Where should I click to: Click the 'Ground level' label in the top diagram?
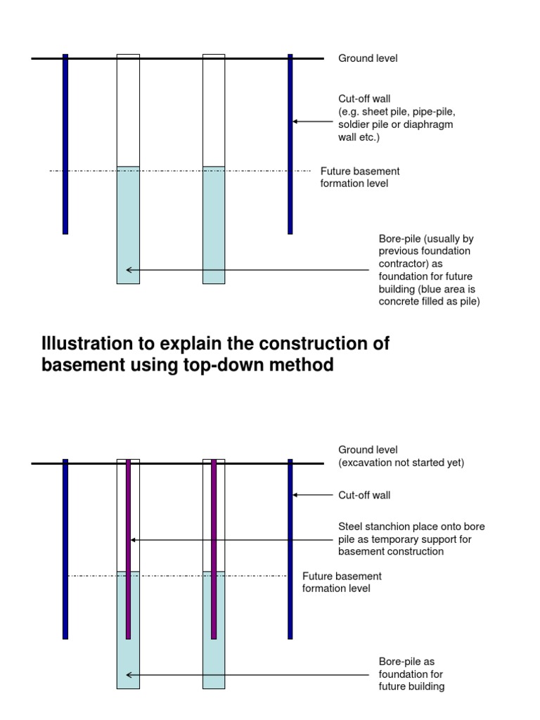pos(368,58)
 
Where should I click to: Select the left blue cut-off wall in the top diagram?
pos(65,144)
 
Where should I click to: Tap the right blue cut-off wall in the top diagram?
pos(290,144)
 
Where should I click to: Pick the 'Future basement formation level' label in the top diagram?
pos(360,177)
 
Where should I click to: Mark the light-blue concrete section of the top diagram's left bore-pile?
pos(128,225)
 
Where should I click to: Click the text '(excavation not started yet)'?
pos(401,463)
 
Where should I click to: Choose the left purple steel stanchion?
pos(128,548)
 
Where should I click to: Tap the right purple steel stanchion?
pos(214,548)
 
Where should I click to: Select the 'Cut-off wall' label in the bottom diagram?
pos(364,495)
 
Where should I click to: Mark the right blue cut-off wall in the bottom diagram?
pos(290,548)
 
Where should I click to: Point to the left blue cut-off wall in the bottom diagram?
pos(65,548)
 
